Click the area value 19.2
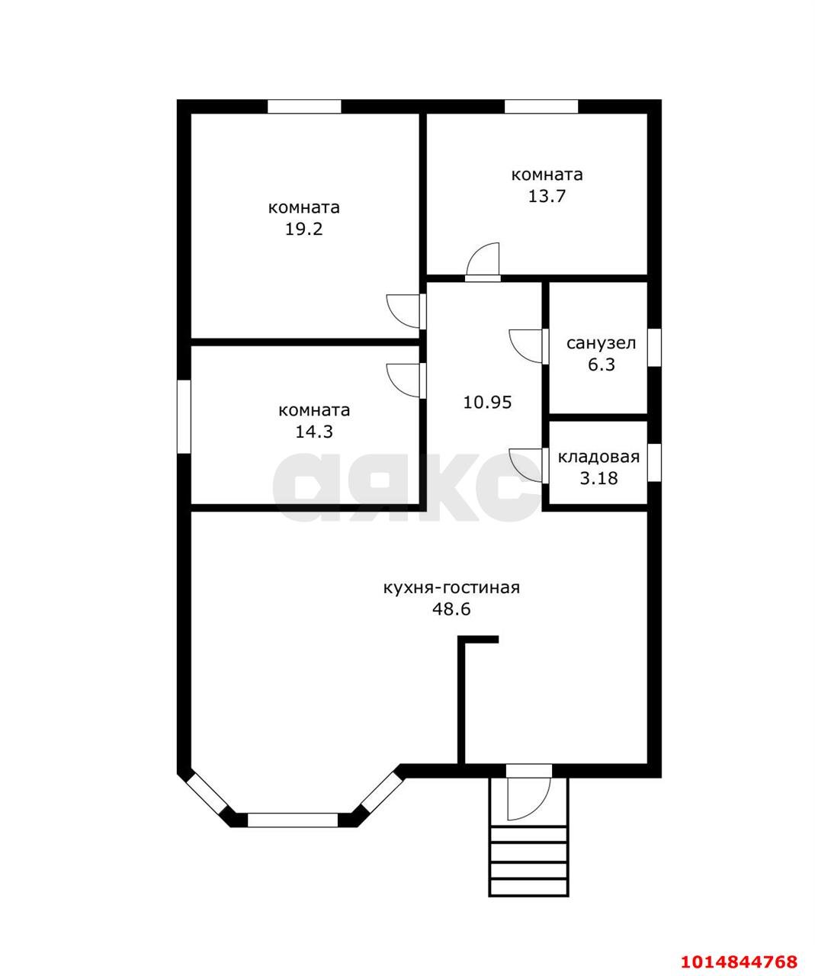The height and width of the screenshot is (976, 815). pos(303,230)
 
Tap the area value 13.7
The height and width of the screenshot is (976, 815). pos(547,196)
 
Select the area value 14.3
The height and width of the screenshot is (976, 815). pos(314,432)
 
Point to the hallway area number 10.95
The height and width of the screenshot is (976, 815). pos(487,402)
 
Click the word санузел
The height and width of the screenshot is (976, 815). pos(602,344)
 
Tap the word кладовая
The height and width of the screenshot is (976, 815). pos(598,457)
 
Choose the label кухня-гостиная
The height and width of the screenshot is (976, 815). pos(451,588)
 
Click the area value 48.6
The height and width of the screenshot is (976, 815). pos(451,609)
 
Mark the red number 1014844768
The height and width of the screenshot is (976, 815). pos(739,958)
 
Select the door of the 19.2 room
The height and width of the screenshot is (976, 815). pos(406,311)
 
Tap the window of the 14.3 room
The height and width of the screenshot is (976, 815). pos(184,416)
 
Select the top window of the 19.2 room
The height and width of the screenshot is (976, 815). pos(304,107)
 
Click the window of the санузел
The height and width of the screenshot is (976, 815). pos(654,347)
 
